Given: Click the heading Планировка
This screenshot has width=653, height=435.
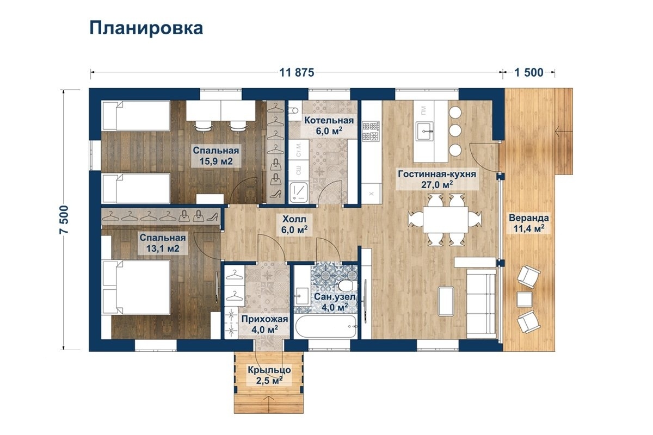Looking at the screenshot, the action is pos(146,29).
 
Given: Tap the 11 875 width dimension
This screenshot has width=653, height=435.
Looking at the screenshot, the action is pos(297,72).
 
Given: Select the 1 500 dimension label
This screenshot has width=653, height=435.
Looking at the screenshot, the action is pos(529,72).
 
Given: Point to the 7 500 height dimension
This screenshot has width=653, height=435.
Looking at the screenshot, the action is pos(64,219).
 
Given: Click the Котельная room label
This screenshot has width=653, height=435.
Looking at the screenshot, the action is pos(329,126).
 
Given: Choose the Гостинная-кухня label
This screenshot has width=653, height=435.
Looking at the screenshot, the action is pos(437,179).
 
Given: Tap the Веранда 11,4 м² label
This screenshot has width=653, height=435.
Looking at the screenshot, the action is pos(529,223).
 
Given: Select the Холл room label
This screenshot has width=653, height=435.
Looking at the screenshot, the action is pos(294,225).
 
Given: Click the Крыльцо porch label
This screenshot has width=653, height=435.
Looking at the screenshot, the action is pos(269,375).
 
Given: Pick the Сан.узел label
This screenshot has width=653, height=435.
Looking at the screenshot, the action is pos(335,302).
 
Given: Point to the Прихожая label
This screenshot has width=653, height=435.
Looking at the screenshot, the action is pos(264,324).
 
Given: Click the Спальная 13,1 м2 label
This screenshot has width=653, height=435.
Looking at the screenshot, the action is pos(163,243).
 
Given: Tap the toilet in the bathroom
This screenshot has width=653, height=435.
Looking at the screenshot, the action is pos(348,285).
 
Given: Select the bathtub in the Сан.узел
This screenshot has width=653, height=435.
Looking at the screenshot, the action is pos(326,326).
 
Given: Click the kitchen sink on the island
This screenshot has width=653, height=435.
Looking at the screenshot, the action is pos(425,131).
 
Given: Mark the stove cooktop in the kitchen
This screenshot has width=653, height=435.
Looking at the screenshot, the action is pos(371,131).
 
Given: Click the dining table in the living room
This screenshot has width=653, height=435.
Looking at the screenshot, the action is pos(446,219).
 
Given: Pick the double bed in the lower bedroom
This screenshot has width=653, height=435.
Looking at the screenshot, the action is pos(137,288).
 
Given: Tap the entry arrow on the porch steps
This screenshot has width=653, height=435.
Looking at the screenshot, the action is pos(269,403).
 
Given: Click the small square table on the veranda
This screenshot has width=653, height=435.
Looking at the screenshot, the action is pos(525,300).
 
